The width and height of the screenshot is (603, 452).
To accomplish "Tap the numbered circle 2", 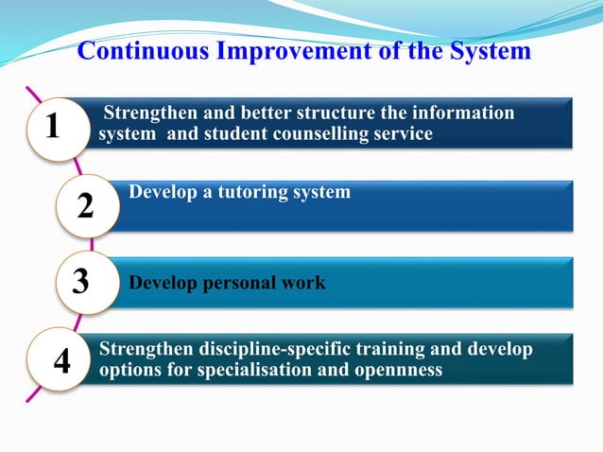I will pyautogui.click(x=86, y=205).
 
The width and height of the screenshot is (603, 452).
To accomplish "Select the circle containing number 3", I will pyautogui.click(x=81, y=282).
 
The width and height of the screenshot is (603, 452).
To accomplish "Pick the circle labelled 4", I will pyautogui.click(x=62, y=360).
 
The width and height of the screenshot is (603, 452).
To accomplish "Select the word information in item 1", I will pyautogui.click(x=460, y=113).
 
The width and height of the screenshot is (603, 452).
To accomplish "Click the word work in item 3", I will pyautogui.click(x=303, y=282).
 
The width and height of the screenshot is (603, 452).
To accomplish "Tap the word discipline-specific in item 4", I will pyautogui.click(x=273, y=350).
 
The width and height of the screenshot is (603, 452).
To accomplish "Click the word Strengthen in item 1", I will pyautogui.click(x=151, y=113).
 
